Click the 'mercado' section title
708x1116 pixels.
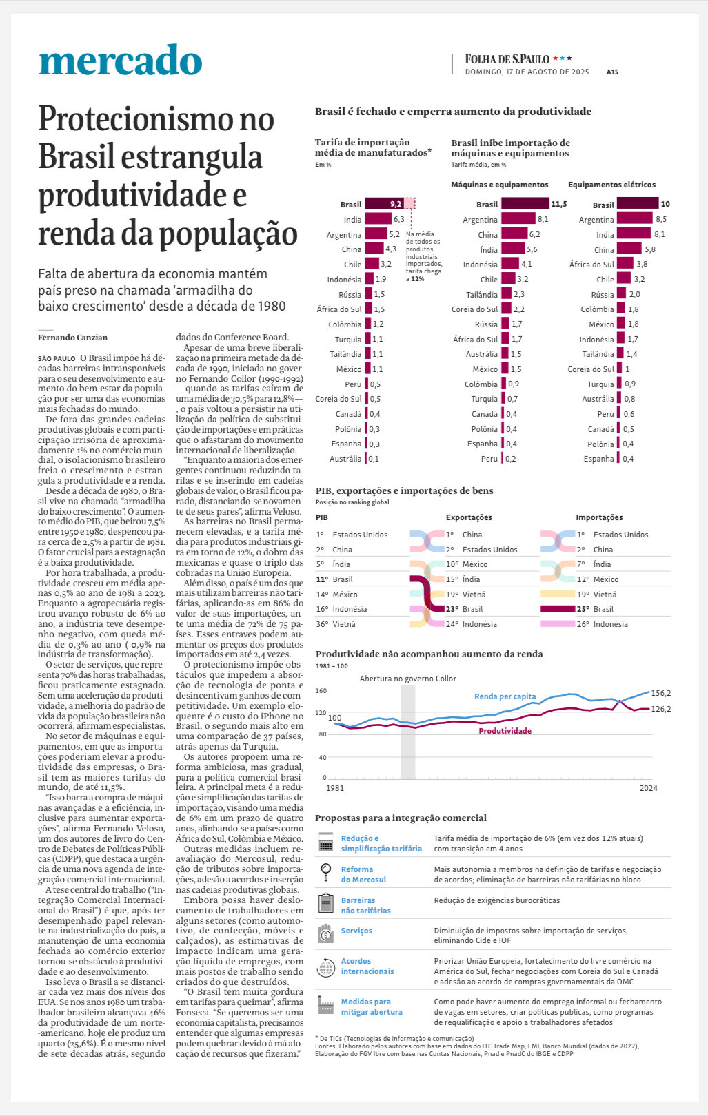121,61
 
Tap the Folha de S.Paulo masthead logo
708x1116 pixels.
507,59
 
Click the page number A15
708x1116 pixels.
612,72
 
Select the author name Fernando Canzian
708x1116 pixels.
72,338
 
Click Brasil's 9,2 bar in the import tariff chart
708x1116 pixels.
384,204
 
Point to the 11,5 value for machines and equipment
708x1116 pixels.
558,204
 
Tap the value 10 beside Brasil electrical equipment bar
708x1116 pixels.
665,204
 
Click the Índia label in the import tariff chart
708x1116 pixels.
352,220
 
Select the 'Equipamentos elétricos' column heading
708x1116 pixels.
611,185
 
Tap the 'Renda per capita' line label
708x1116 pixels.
505,696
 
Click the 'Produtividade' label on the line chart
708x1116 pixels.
505,731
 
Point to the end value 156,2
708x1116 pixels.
660,693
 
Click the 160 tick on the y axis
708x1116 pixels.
321,690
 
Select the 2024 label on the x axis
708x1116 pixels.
648,788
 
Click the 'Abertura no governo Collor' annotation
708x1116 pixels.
407,679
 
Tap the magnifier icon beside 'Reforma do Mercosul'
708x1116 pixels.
325,873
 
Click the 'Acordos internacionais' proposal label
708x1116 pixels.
367,966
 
